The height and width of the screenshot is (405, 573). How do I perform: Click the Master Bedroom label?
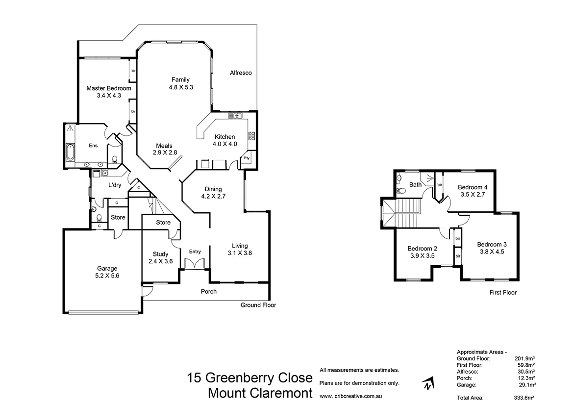[109, 88]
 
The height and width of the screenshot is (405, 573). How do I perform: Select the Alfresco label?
[241, 73]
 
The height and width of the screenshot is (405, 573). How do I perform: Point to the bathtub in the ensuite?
[70, 152]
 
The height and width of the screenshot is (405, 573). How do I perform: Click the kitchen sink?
[235, 116]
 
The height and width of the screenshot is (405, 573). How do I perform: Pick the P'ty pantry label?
[247, 158]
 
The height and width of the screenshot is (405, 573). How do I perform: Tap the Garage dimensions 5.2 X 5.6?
[107, 276]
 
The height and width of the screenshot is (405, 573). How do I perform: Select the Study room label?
[160, 254]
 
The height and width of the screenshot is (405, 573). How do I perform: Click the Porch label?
[208, 291]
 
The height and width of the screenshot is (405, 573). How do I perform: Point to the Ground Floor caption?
[258, 305]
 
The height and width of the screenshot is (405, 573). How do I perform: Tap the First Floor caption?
[503, 293]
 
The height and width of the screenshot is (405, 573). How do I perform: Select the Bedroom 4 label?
[473, 187]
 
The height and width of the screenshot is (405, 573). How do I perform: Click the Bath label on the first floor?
[416, 185]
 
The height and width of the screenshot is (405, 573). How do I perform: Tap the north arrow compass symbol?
[429, 384]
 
